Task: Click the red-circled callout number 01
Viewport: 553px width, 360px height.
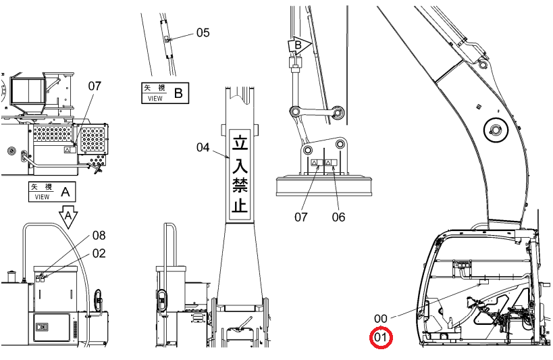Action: (381, 338)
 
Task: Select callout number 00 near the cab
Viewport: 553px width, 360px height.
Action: (381, 319)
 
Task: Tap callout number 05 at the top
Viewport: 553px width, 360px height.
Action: (203, 32)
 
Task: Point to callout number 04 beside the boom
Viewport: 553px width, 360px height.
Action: (203, 147)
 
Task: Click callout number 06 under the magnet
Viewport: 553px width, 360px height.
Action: (338, 217)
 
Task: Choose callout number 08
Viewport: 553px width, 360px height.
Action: (99, 236)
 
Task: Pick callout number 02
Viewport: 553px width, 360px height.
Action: (99, 253)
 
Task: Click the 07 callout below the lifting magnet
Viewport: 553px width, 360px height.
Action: (301, 217)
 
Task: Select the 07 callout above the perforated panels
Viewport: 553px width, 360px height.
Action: (95, 86)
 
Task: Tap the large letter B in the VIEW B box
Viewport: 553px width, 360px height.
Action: (178, 93)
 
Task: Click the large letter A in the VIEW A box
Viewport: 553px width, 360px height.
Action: (65, 192)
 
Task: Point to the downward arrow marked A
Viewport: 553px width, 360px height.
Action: (68, 216)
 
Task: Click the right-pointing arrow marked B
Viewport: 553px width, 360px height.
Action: (299, 45)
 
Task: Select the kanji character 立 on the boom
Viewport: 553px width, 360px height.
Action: (240, 142)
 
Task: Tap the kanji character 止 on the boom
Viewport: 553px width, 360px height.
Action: (240, 204)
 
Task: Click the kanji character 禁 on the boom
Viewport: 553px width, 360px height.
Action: (240, 184)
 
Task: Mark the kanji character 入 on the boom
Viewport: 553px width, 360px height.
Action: (240, 163)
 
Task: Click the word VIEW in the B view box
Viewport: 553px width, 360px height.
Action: (155, 99)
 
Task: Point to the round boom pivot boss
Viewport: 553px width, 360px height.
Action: (496, 130)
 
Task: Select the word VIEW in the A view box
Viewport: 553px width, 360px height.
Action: (43, 197)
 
